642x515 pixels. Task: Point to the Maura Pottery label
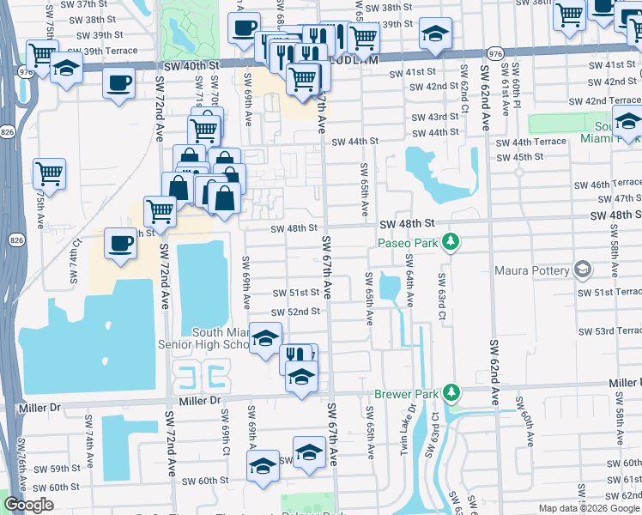tap(532, 271)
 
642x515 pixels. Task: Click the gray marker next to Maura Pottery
tap(584, 271)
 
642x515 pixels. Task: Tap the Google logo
tap(28, 506)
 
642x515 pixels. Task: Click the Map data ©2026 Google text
tap(589, 508)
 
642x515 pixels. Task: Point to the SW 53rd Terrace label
tap(609, 331)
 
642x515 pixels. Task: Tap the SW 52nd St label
tap(295, 312)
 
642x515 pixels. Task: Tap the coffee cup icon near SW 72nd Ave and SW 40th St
tap(119, 83)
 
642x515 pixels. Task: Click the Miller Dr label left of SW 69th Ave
tap(201, 400)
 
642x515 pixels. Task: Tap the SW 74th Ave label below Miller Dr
tap(88, 434)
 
